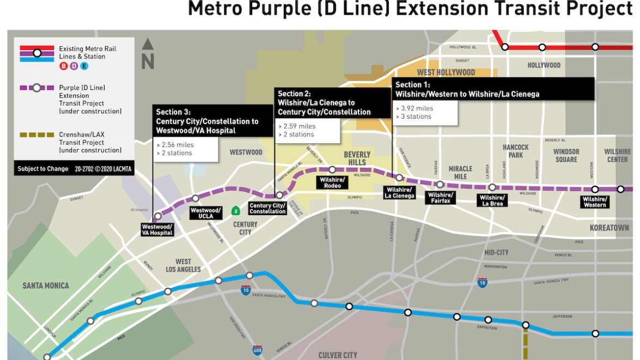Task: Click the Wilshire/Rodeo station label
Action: [332, 183]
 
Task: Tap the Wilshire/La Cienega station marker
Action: [399, 178]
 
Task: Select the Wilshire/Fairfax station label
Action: [440, 198]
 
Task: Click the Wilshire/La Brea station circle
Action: [492, 187]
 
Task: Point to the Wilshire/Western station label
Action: [594, 202]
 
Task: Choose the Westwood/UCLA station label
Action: [205, 213]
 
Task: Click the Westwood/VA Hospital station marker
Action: [158, 216]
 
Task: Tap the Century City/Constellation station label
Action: [267, 209]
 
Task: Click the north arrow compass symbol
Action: [148, 54]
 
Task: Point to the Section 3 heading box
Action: [212, 122]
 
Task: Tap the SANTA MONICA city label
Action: [46, 286]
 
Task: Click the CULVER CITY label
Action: [338, 355]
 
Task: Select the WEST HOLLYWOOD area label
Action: [446, 72]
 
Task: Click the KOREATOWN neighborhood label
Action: [609, 228]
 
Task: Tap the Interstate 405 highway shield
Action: [258, 350]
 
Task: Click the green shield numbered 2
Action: [235, 210]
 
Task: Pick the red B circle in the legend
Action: [63, 66]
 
